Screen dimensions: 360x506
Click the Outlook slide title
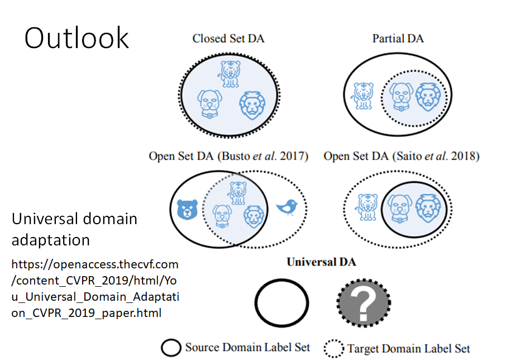pyautogui.click(x=77, y=38)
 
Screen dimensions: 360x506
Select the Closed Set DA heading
pyautogui.click(x=228, y=39)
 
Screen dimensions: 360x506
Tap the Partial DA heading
pyautogui.click(x=398, y=39)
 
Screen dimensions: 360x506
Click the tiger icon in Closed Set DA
pyautogui.click(x=230, y=73)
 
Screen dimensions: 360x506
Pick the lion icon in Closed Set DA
pyautogui.click(x=252, y=105)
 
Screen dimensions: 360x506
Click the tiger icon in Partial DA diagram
pyautogui.click(x=361, y=96)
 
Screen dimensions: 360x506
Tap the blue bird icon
pyautogui.click(x=287, y=209)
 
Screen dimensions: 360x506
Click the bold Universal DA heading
pyautogui.click(x=321, y=262)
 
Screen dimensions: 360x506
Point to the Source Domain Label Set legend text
pyautogui.click(x=247, y=348)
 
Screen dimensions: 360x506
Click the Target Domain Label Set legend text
pyautogui.click(x=408, y=348)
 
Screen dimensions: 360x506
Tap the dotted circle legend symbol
pyautogui.click(x=335, y=348)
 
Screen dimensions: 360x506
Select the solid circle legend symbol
pyautogui.click(x=171, y=347)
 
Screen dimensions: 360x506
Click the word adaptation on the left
pyautogui.click(x=51, y=240)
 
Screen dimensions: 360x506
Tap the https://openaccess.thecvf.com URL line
pyautogui.click(x=95, y=264)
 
